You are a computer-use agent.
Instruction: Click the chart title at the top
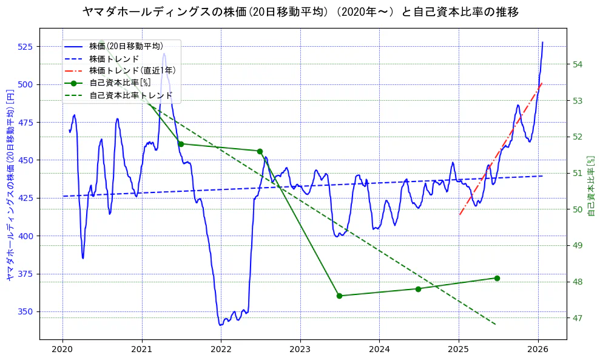pos(300,12)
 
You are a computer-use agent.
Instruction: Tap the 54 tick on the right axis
pos(578,64)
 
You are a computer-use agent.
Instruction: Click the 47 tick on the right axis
pos(578,318)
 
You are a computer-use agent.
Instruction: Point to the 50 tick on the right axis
pos(578,209)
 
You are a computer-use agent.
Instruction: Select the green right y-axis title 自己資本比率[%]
pos(592,185)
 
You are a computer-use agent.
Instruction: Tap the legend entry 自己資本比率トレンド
pos(130,95)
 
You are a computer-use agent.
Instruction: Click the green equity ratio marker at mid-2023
pos(339,296)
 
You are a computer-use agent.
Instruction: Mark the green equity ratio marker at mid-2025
pos(497,278)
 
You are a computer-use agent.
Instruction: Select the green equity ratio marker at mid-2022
pos(260,151)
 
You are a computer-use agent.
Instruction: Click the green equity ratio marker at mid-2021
pos(181,144)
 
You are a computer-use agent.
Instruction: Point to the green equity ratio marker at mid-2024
pos(418,289)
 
